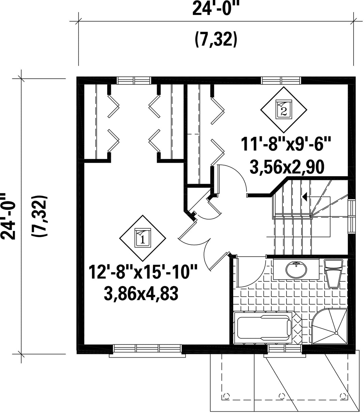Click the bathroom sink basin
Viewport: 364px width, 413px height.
[296, 269]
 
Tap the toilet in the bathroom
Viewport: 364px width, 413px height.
[333, 273]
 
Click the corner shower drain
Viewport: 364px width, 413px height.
[336, 333]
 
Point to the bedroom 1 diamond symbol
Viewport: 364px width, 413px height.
[143, 238]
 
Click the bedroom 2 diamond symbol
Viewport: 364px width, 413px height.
[284, 110]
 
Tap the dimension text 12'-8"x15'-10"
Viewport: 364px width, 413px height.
[143, 272]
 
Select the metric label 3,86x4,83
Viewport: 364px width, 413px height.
[141, 293]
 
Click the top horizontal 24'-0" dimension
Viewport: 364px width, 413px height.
[215, 8]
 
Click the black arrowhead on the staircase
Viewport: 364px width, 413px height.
[305, 197]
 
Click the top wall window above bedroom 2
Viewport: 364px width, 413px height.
[281, 80]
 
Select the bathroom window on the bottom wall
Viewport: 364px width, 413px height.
[284, 349]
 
